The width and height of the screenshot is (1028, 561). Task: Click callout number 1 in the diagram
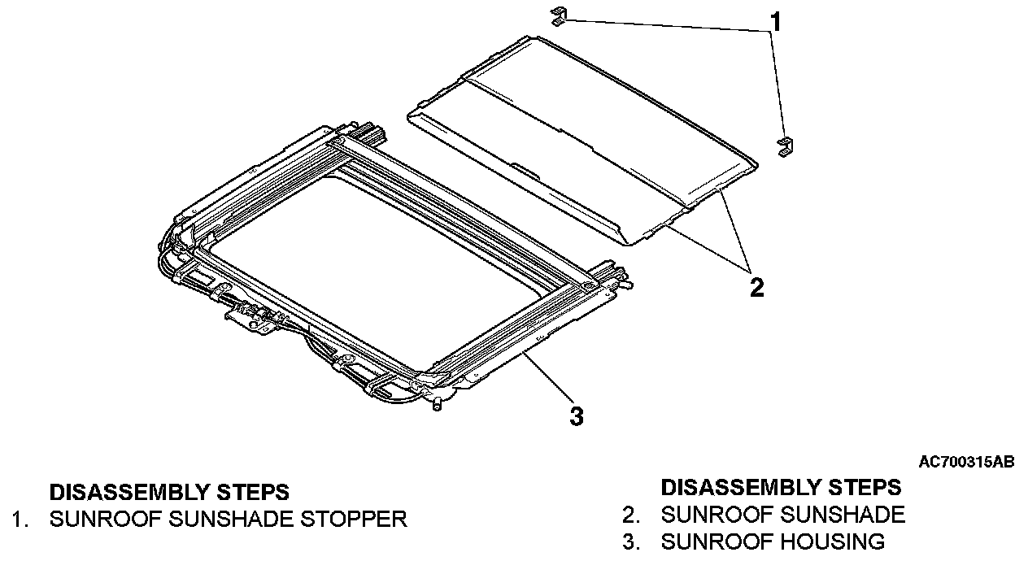776,22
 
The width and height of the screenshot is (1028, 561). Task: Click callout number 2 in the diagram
756,287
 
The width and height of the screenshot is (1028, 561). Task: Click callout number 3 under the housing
576,417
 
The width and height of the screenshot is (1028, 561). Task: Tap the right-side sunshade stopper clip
785,146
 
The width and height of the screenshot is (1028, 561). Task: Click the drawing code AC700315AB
966,463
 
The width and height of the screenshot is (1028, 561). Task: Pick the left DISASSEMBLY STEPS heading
169,493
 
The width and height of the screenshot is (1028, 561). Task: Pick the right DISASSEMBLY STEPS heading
781,488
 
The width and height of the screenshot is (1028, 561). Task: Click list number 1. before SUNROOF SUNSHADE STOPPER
20,519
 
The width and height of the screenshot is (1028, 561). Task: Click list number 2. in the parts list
631,515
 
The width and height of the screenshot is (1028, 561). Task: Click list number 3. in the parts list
631,541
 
